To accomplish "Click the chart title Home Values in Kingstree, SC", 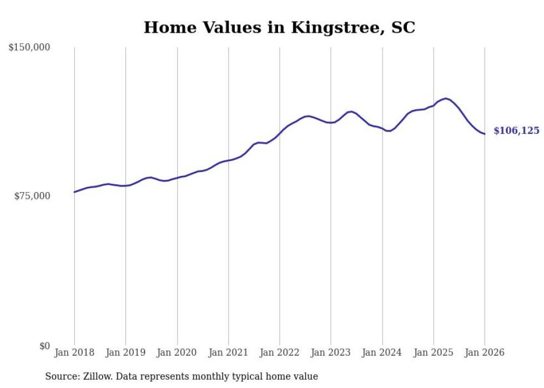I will pos(279,27).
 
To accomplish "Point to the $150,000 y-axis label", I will pos(29,48).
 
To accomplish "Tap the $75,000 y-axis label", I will pos(32,196).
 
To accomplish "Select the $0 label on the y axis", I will pos(44,346).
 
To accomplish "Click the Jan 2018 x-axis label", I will pos(74,353).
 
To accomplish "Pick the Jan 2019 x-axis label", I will pos(125,353).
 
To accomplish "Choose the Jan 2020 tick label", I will pos(177,353).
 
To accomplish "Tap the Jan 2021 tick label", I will pos(228,353).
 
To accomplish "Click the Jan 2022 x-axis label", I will pos(280,353).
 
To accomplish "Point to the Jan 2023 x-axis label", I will pos(331,353).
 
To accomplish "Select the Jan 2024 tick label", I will pos(382,353).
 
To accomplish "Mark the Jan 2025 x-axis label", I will pos(434,353).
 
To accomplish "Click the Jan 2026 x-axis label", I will pos(485,353).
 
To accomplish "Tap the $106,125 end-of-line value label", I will pos(516,131).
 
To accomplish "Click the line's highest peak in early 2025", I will pos(446,98).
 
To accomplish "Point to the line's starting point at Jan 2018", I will pos(74,192).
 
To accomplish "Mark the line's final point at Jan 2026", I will pos(485,134).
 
